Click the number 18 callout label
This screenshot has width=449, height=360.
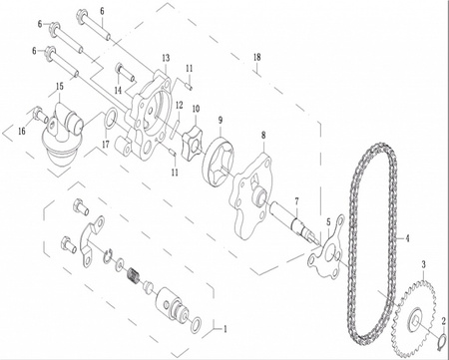[x=257, y=59]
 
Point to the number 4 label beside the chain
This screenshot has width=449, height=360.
[x=406, y=239]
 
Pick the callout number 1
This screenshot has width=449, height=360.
[x=224, y=328]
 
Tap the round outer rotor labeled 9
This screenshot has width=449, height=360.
[x=223, y=162]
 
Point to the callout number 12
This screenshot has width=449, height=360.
[x=179, y=105]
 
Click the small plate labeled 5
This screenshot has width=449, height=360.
[x=325, y=254]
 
